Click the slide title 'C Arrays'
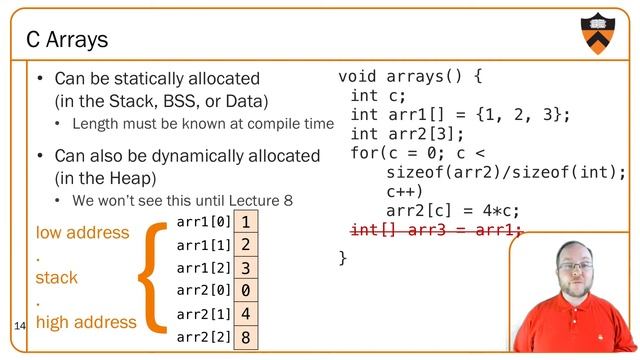click(67, 40)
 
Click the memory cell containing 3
click(245, 267)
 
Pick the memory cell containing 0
click(245, 291)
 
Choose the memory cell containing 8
click(245, 337)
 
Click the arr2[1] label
click(203, 314)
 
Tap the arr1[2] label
click(203, 267)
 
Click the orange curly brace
click(155, 277)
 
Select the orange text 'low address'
click(82, 232)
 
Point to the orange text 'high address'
click(86, 322)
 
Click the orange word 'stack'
click(57, 277)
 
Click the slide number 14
click(20, 327)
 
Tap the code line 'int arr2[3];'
click(407, 134)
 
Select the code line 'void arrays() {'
click(411, 76)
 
